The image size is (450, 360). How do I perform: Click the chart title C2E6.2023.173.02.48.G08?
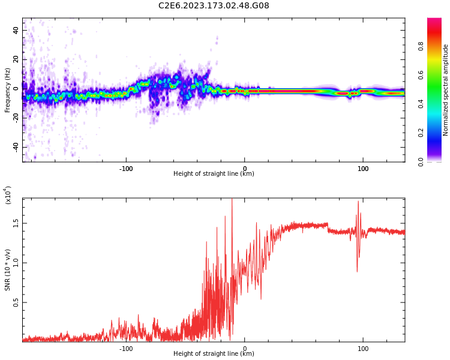pos(214,5)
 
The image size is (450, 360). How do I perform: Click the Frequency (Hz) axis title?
pos(8,90)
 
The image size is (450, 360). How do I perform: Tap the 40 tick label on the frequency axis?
pos(16,30)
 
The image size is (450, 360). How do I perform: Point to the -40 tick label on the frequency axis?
pos(16,147)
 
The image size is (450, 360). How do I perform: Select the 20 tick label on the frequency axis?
pos(16,59)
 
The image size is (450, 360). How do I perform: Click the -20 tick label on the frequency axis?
pos(16,118)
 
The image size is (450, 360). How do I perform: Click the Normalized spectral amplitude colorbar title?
pos(446,90)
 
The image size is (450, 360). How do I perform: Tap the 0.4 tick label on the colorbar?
pos(437,104)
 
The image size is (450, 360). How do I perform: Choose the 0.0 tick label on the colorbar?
pos(437,161)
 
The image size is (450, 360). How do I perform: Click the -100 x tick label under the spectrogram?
pos(126,169)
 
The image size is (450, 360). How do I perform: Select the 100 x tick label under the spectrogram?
pos(363,169)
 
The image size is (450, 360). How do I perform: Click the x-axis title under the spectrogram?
pos(214,174)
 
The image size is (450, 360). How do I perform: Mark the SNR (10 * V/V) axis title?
pos(8,270)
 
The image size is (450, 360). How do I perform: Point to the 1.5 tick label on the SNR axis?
pos(16,223)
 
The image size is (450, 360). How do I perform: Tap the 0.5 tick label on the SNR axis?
pos(16,302)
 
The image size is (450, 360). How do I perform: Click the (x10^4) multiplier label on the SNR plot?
pos(8,195)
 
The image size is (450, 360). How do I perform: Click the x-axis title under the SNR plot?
pos(214,354)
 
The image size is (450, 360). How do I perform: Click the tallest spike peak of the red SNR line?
pos(232,199)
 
